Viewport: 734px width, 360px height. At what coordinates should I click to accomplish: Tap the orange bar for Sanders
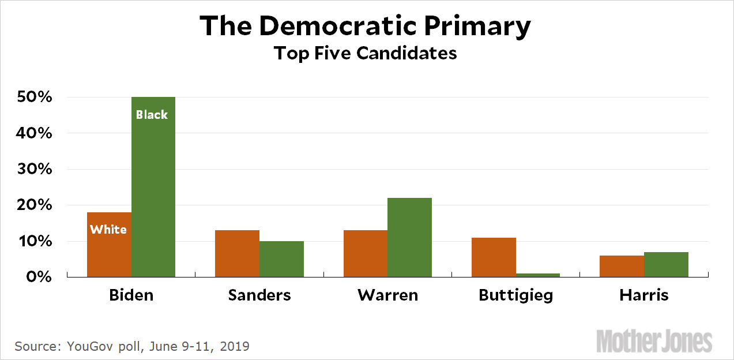[x=237, y=254]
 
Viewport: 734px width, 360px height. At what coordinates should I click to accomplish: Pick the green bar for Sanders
[x=281, y=259]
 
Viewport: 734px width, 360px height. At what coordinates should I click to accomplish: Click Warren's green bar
[x=409, y=237]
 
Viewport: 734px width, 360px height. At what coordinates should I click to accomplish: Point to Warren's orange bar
[x=365, y=254]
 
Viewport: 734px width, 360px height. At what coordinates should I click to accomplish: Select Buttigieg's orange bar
[x=494, y=257]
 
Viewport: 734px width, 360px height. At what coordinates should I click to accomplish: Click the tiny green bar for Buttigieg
[x=538, y=275]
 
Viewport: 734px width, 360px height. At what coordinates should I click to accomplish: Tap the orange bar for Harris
[x=622, y=266]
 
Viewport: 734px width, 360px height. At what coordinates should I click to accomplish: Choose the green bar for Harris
[x=666, y=264]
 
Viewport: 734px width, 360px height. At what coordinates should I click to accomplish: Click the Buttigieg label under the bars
[x=515, y=296]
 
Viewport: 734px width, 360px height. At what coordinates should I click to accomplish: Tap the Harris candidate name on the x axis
[x=644, y=295]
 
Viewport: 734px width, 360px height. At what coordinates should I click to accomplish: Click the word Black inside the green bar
[x=152, y=115]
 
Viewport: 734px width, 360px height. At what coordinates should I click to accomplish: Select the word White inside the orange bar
[x=108, y=230]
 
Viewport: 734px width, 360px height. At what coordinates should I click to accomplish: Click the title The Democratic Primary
[x=365, y=26]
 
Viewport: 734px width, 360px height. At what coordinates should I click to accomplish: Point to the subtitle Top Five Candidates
[x=365, y=53]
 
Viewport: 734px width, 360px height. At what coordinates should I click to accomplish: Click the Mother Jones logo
[x=654, y=341]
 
